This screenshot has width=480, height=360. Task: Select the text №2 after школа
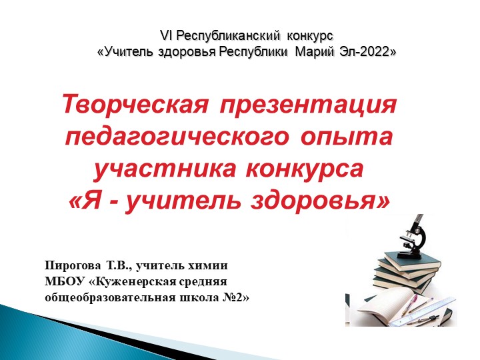tap(237, 297)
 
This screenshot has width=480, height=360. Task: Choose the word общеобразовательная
tap(111, 297)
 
